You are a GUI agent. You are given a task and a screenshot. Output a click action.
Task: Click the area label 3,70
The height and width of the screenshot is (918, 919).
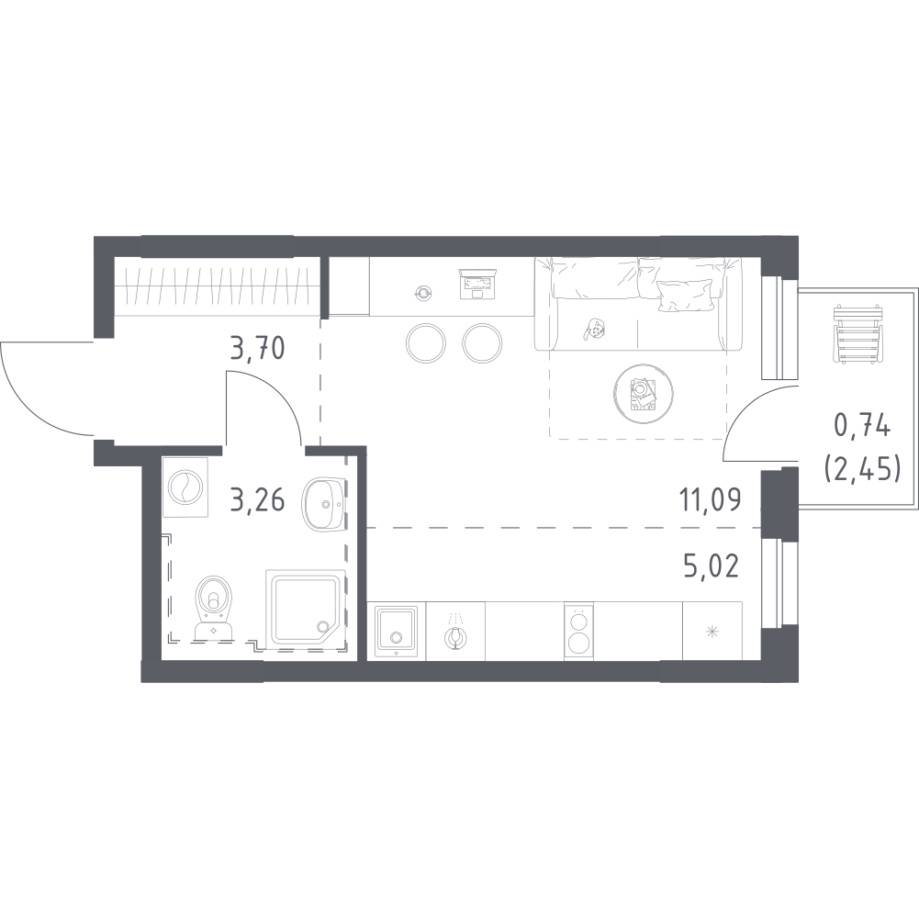[258, 349]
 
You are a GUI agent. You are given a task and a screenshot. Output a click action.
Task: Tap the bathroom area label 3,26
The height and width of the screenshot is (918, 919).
[258, 500]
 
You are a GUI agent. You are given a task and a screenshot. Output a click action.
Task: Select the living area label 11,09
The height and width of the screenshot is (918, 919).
[710, 500]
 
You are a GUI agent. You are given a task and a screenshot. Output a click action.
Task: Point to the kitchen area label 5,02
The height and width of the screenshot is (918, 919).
[711, 566]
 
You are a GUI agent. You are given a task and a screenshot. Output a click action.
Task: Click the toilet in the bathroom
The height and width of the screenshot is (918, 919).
[214, 608]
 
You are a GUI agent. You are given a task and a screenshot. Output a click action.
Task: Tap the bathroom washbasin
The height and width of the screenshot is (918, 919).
[322, 503]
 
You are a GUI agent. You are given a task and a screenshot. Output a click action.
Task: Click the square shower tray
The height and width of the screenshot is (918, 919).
[306, 609]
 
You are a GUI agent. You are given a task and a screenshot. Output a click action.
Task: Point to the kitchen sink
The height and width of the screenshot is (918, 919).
[397, 631]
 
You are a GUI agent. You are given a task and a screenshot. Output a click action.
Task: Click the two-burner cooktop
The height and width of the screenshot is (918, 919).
[578, 632]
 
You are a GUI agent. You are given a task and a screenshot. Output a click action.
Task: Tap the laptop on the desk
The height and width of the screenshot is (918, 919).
[478, 284]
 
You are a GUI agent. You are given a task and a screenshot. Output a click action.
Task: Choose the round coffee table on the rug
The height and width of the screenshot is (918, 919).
[643, 392]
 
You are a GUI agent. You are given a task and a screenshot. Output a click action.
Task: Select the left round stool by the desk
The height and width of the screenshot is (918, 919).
[425, 343]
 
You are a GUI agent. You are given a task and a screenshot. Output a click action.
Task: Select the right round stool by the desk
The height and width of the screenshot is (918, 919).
[482, 343]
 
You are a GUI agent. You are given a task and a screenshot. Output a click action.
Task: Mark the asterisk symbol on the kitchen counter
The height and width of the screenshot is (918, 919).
[712, 632]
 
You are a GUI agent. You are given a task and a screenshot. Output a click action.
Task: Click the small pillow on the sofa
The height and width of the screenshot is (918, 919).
[680, 295]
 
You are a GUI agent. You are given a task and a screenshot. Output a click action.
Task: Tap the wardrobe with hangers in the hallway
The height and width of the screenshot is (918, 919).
[217, 286]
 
